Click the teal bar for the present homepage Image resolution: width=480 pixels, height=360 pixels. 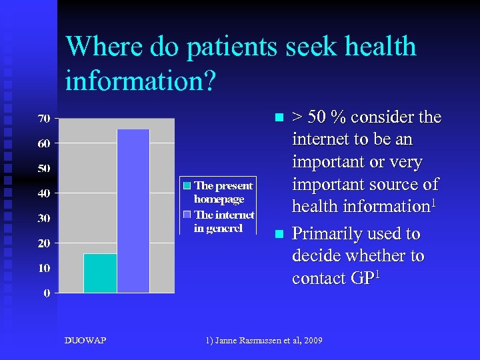pyautogui.click(x=100, y=273)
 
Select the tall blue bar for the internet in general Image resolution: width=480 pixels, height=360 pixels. pyautogui.click(x=133, y=211)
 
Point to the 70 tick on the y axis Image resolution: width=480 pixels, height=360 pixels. pyautogui.click(x=44, y=119)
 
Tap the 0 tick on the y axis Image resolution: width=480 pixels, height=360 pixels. pyautogui.click(x=47, y=293)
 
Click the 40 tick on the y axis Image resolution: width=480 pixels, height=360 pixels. pyautogui.click(x=44, y=193)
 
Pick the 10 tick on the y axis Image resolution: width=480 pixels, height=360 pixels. pyautogui.click(x=44, y=268)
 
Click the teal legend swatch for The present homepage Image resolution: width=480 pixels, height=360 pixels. pyautogui.click(x=187, y=186)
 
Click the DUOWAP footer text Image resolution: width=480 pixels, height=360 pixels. pyautogui.click(x=85, y=341)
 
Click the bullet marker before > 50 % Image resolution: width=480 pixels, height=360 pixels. pyautogui.click(x=279, y=118)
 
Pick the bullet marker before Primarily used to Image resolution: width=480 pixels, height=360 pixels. pyautogui.click(x=279, y=235)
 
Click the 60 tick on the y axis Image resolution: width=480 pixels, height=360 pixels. pyautogui.click(x=44, y=143)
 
